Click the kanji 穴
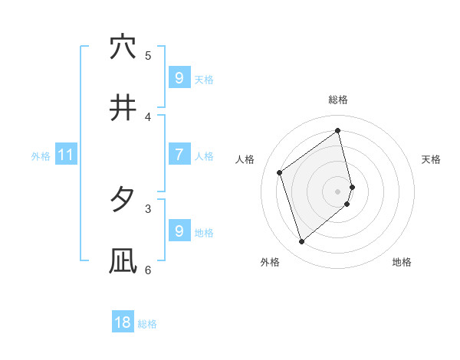click(123, 47)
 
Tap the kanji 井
click(123, 109)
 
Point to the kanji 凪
click(123, 261)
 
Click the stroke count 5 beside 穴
click(148, 55)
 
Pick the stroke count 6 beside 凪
click(148, 270)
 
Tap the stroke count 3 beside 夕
click(148, 208)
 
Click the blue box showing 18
click(123, 322)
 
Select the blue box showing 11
click(66, 155)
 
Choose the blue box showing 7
click(179, 155)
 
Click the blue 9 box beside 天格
click(179, 77)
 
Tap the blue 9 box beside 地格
click(179, 231)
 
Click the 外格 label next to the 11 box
click(41, 155)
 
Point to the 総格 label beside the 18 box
click(147, 324)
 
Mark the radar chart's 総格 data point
click(337, 130)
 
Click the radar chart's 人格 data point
click(280, 172)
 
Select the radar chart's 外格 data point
click(301, 242)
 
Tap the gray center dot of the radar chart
click(338, 191)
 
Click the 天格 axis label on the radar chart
click(431, 159)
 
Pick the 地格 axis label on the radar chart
click(402, 262)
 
